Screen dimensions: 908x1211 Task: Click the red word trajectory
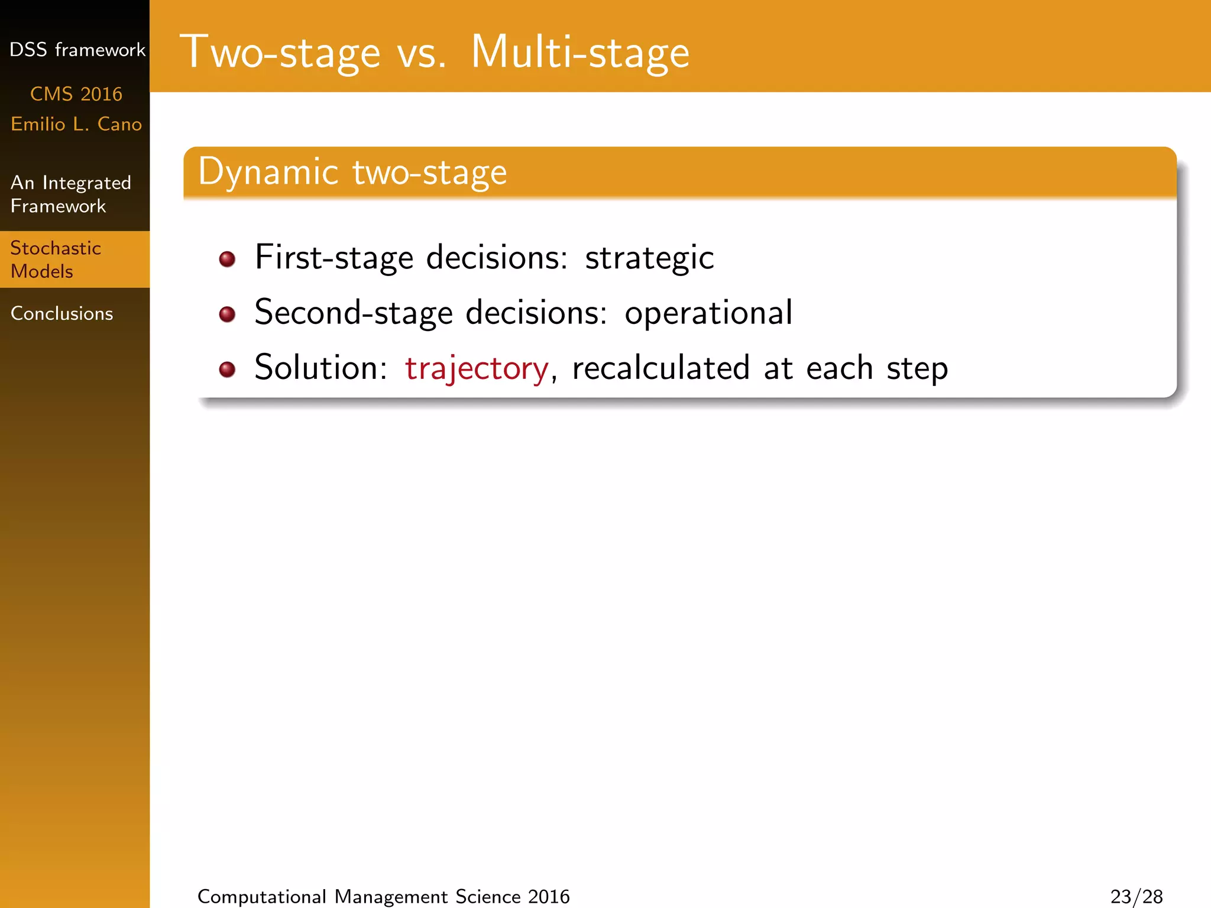point(477,368)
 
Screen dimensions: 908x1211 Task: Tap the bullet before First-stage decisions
point(227,259)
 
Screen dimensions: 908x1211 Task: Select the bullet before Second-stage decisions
point(227,314)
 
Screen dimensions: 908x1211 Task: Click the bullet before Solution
point(227,369)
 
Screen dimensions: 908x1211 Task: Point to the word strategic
point(649,258)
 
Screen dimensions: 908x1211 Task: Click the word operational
point(708,313)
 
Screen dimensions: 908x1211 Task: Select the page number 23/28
point(1136,896)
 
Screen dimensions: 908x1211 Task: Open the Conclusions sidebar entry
point(62,313)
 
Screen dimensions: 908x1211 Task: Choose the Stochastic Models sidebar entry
point(56,260)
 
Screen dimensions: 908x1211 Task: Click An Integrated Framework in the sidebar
point(70,194)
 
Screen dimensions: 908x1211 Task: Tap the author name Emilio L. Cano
point(76,124)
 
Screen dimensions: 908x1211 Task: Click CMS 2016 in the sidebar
point(76,94)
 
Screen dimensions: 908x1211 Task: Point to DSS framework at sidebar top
point(77,50)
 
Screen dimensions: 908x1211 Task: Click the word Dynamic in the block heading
point(268,172)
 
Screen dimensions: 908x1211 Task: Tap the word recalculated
point(660,368)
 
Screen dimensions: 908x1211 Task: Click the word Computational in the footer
point(261,896)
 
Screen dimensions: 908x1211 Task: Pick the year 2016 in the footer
point(549,896)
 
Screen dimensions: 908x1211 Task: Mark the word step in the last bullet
point(917,368)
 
